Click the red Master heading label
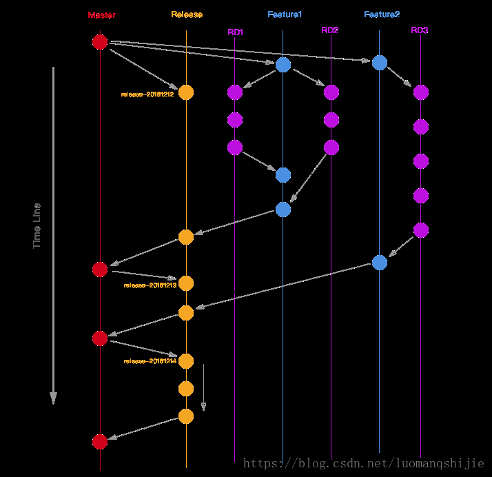pos(102,15)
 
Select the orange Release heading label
pos(187,15)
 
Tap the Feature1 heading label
pos(285,14)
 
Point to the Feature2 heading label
pos(382,14)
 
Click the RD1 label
pos(236,32)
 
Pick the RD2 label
pos(330,30)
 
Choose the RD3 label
pos(420,30)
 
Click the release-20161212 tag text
pos(147,93)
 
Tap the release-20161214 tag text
pos(150,361)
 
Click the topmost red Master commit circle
pos(100,42)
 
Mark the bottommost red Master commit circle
pos(100,441)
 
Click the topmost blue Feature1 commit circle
pos(283,65)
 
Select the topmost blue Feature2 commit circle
pos(380,63)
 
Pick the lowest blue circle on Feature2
pos(380,263)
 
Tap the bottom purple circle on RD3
pos(421,230)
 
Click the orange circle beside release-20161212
pos(186,92)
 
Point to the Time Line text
pos(37,225)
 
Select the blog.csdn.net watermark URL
pos(365,465)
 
